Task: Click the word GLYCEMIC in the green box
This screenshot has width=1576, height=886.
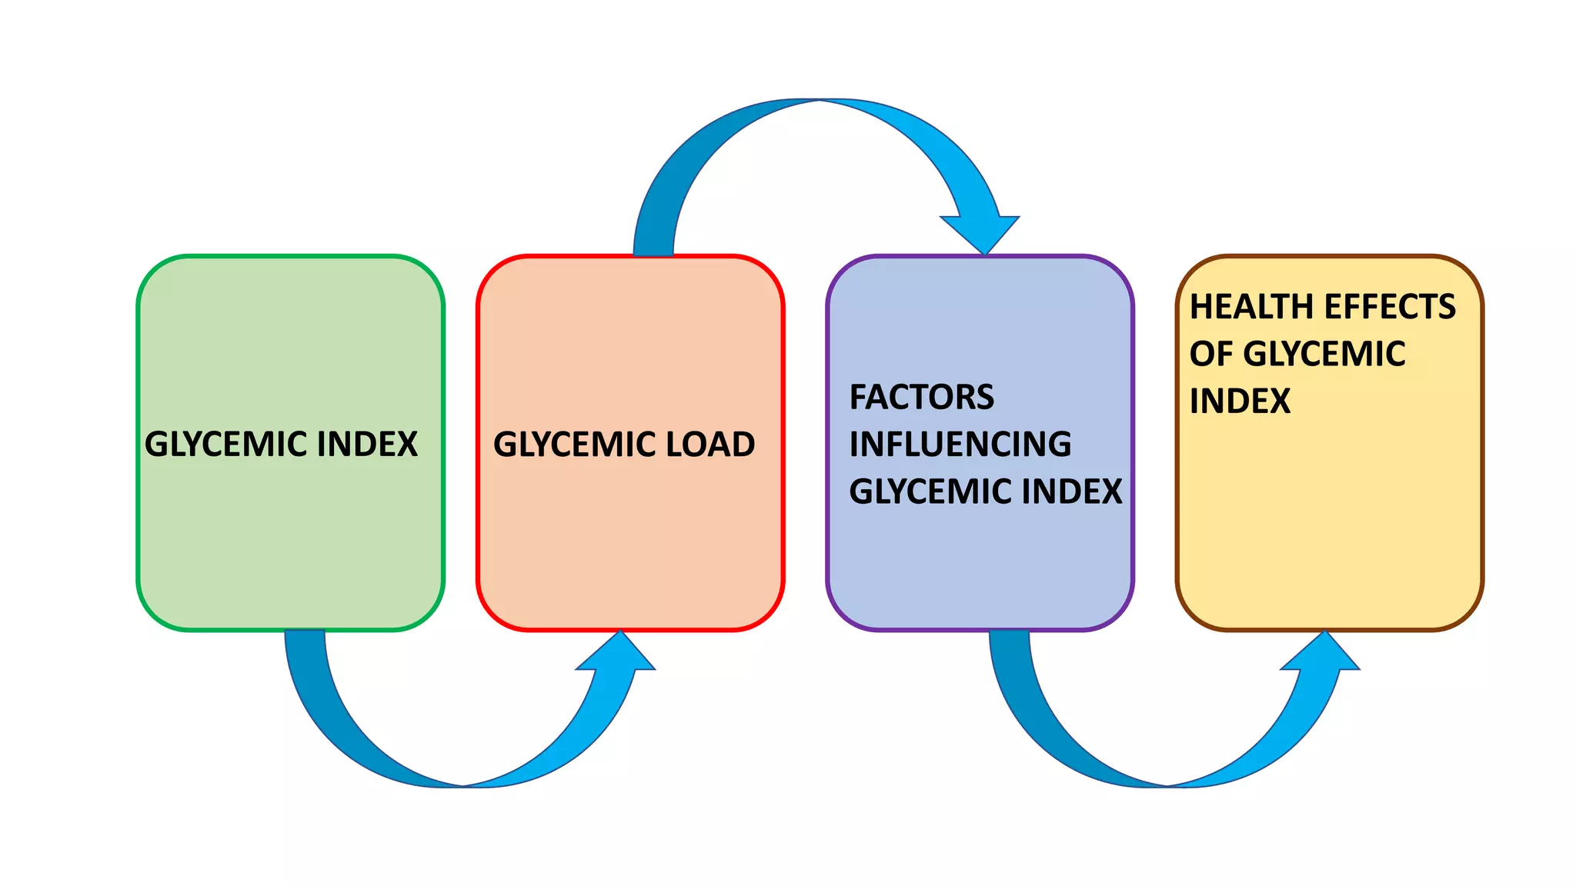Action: pyautogui.click(x=226, y=445)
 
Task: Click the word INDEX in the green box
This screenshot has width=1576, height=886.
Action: pyautogui.click(x=367, y=445)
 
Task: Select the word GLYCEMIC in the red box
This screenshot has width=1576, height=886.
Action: pyautogui.click(x=575, y=445)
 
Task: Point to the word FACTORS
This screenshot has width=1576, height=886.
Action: pyautogui.click(x=922, y=398)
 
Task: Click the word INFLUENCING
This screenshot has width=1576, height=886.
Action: pyautogui.click(x=960, y=445)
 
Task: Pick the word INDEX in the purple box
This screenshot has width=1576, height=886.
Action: pyautogui.click(x=1072, y=491)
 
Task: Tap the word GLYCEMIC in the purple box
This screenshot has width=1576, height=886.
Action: pyautogui.click(x=931, y=491)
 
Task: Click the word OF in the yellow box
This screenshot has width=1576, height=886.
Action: pyautogui.click(x=1212, y=354)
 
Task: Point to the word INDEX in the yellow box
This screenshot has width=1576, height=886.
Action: pyautogui.click(x=1240, y=401)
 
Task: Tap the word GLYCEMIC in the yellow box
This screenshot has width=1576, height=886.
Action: pyautogui.click(x=1324, y=354)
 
